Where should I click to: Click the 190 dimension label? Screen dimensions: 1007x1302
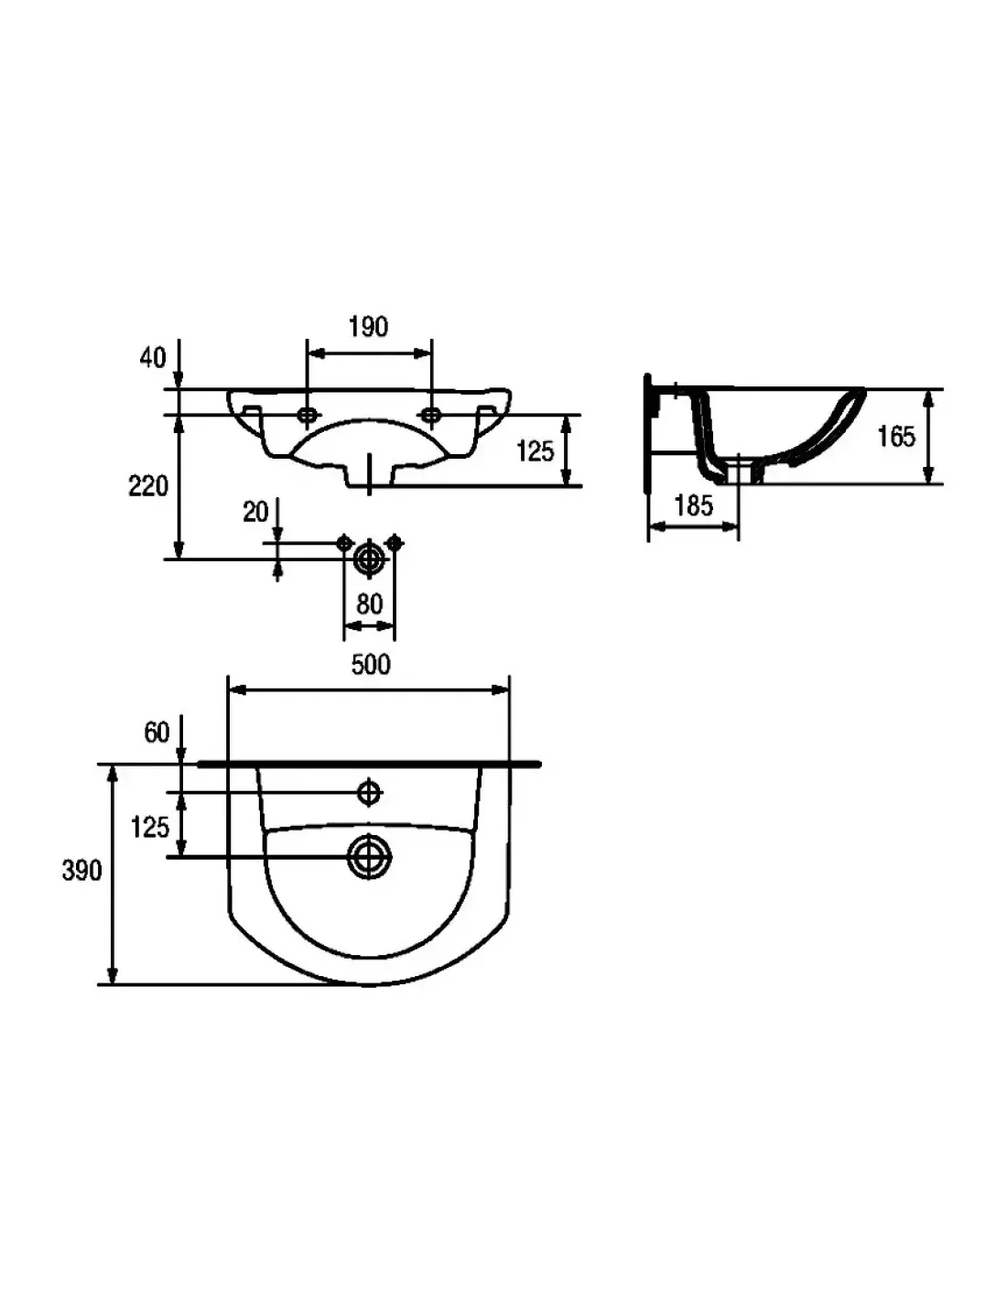(x=368, y=327)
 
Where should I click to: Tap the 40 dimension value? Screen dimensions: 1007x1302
(x=153, y=358)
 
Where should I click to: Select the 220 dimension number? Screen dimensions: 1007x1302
(x=148, y=486)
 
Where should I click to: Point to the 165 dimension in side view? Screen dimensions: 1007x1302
(x=896, y=436)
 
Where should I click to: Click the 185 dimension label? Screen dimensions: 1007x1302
(x=694, y=505)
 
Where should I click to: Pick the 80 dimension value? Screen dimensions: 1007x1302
(x=369, y=604)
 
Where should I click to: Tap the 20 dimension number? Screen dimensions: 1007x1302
(x=255, y=512)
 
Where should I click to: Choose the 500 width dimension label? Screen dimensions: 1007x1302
(x=371, y=665)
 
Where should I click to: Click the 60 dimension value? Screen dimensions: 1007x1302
(x=157, y=732)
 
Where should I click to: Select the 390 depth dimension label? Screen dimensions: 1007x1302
(x=82, y=871)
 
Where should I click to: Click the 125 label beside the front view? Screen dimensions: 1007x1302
(x=535, y=451)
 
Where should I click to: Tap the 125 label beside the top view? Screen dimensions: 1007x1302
(x=150, y=828)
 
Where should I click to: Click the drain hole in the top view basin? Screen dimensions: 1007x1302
(x=369, y=857)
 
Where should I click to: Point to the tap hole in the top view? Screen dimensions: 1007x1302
(x=369, y=792)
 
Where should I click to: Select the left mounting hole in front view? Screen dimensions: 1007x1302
(x=308, y=414)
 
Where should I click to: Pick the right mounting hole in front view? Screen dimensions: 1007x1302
(x=431, y=414)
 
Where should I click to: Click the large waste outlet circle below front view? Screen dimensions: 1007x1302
(x=369, y=559)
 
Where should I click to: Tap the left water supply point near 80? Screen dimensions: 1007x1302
(x=344, y=543)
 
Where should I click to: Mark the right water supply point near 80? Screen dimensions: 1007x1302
(x=394, y=543)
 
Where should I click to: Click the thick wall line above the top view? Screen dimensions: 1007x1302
(x=369, y=764)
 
